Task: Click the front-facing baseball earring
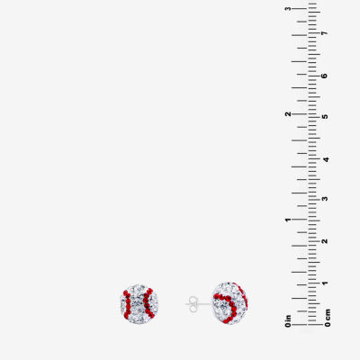[x=139, y=302]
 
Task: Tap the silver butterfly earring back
[x=193, y=303]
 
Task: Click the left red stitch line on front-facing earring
[x=127, y=303]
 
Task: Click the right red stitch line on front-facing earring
[x=148, y=303]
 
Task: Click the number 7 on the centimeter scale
[x=324, y=33]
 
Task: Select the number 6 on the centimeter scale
[x=324, y=76]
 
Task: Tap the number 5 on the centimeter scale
[x=324, y=116]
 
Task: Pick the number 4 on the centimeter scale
[x=325, y=159]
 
